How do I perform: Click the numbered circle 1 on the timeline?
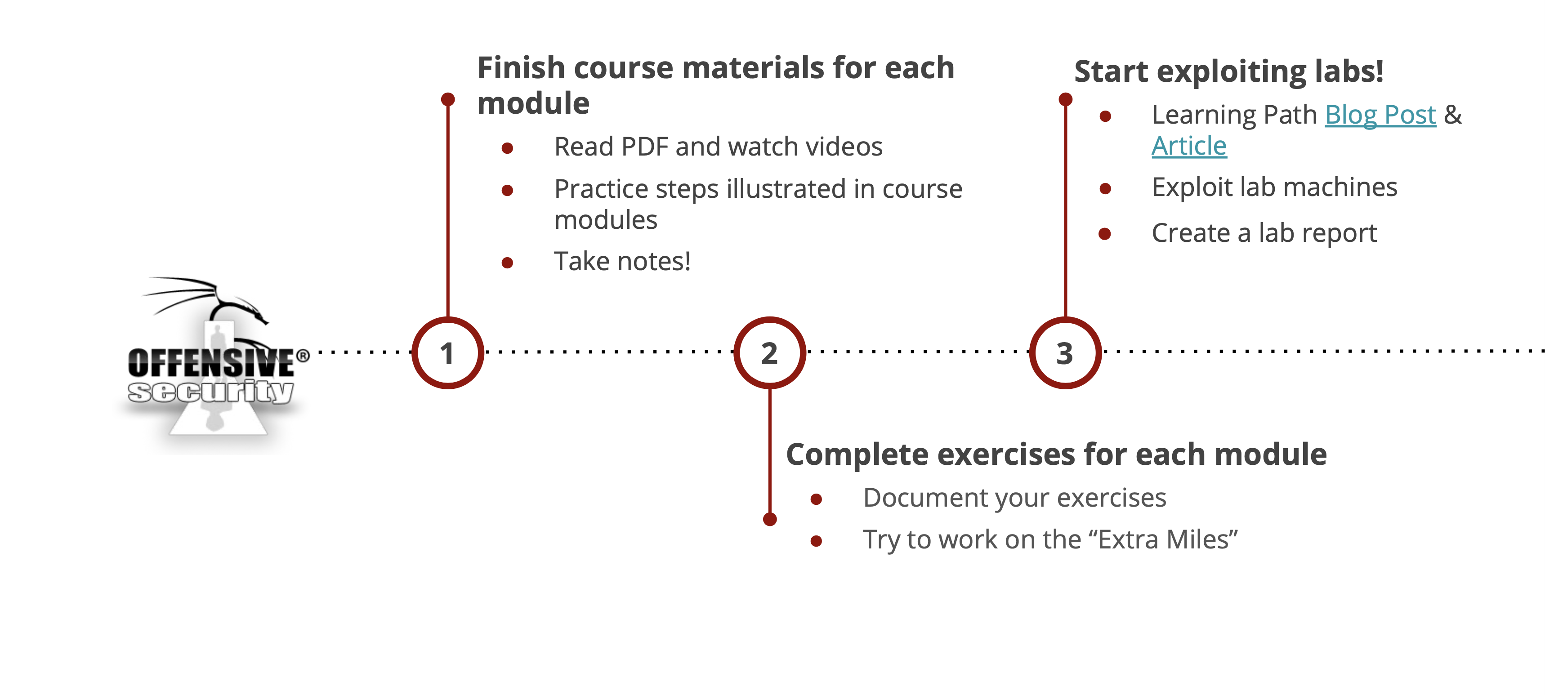[447, 352]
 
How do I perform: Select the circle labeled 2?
[769, 352]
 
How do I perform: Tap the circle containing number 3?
[1065, 352]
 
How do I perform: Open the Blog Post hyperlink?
[1380, 115]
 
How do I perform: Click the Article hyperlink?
[1189, 146]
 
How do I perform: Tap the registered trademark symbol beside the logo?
[304, 356]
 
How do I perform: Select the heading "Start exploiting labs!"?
[1228, 71]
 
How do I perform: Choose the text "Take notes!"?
[622, 262]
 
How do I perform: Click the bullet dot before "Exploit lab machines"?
[1105, 189]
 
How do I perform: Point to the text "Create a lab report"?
[1264, 233]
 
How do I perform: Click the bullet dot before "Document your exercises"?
[816, 499]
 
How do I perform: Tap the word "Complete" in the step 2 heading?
[857, 454]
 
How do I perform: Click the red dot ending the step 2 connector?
[769, 519]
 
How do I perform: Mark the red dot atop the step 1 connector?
[447, 99]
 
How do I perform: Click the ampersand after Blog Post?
[1453, 115]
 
